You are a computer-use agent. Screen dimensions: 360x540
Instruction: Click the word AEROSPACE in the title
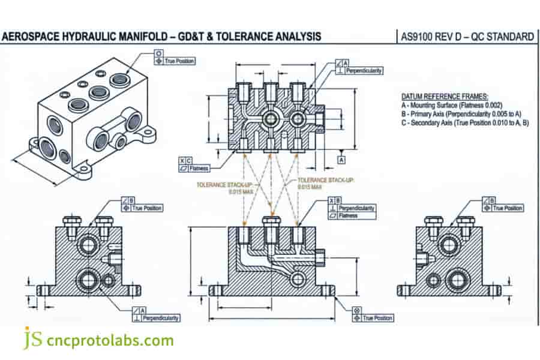[31, 37]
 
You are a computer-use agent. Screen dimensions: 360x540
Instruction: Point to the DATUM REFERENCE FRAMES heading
[444, 96]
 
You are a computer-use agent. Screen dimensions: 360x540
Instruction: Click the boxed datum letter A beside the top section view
[341, 160]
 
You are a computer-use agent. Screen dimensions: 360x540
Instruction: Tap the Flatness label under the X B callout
[348, 215]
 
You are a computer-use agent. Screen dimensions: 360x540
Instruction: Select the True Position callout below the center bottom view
[377, 318]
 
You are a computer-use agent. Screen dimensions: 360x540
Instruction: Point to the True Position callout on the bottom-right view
[507, 208]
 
